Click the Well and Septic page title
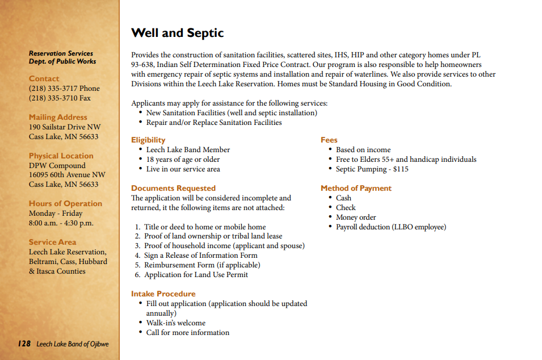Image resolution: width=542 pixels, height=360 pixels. coord(177,33)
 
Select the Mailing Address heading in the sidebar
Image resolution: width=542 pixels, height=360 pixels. coord(58,118)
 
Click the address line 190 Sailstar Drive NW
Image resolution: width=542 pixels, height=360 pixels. coord(64,127)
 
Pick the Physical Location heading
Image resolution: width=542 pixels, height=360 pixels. coord(61,156)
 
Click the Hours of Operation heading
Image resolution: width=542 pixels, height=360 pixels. coord(65,203)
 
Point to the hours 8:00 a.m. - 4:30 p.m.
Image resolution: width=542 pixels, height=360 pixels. coord(61,223)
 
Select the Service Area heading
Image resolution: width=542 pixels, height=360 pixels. coord(52,242)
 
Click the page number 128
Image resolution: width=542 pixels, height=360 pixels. coord(24,344)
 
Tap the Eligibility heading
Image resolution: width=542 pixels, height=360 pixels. coord(148,140)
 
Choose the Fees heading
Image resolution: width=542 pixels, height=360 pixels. coord(329,140)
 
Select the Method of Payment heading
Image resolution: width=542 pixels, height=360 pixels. coord(356,188)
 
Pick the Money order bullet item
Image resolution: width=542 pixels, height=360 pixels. coord(356,217)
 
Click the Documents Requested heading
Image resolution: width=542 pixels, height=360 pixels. coord(173,188)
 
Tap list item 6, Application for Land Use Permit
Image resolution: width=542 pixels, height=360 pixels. coord(196,275)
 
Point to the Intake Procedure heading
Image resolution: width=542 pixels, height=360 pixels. coord(163,294)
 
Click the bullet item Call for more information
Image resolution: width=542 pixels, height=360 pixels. coord(187,333)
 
